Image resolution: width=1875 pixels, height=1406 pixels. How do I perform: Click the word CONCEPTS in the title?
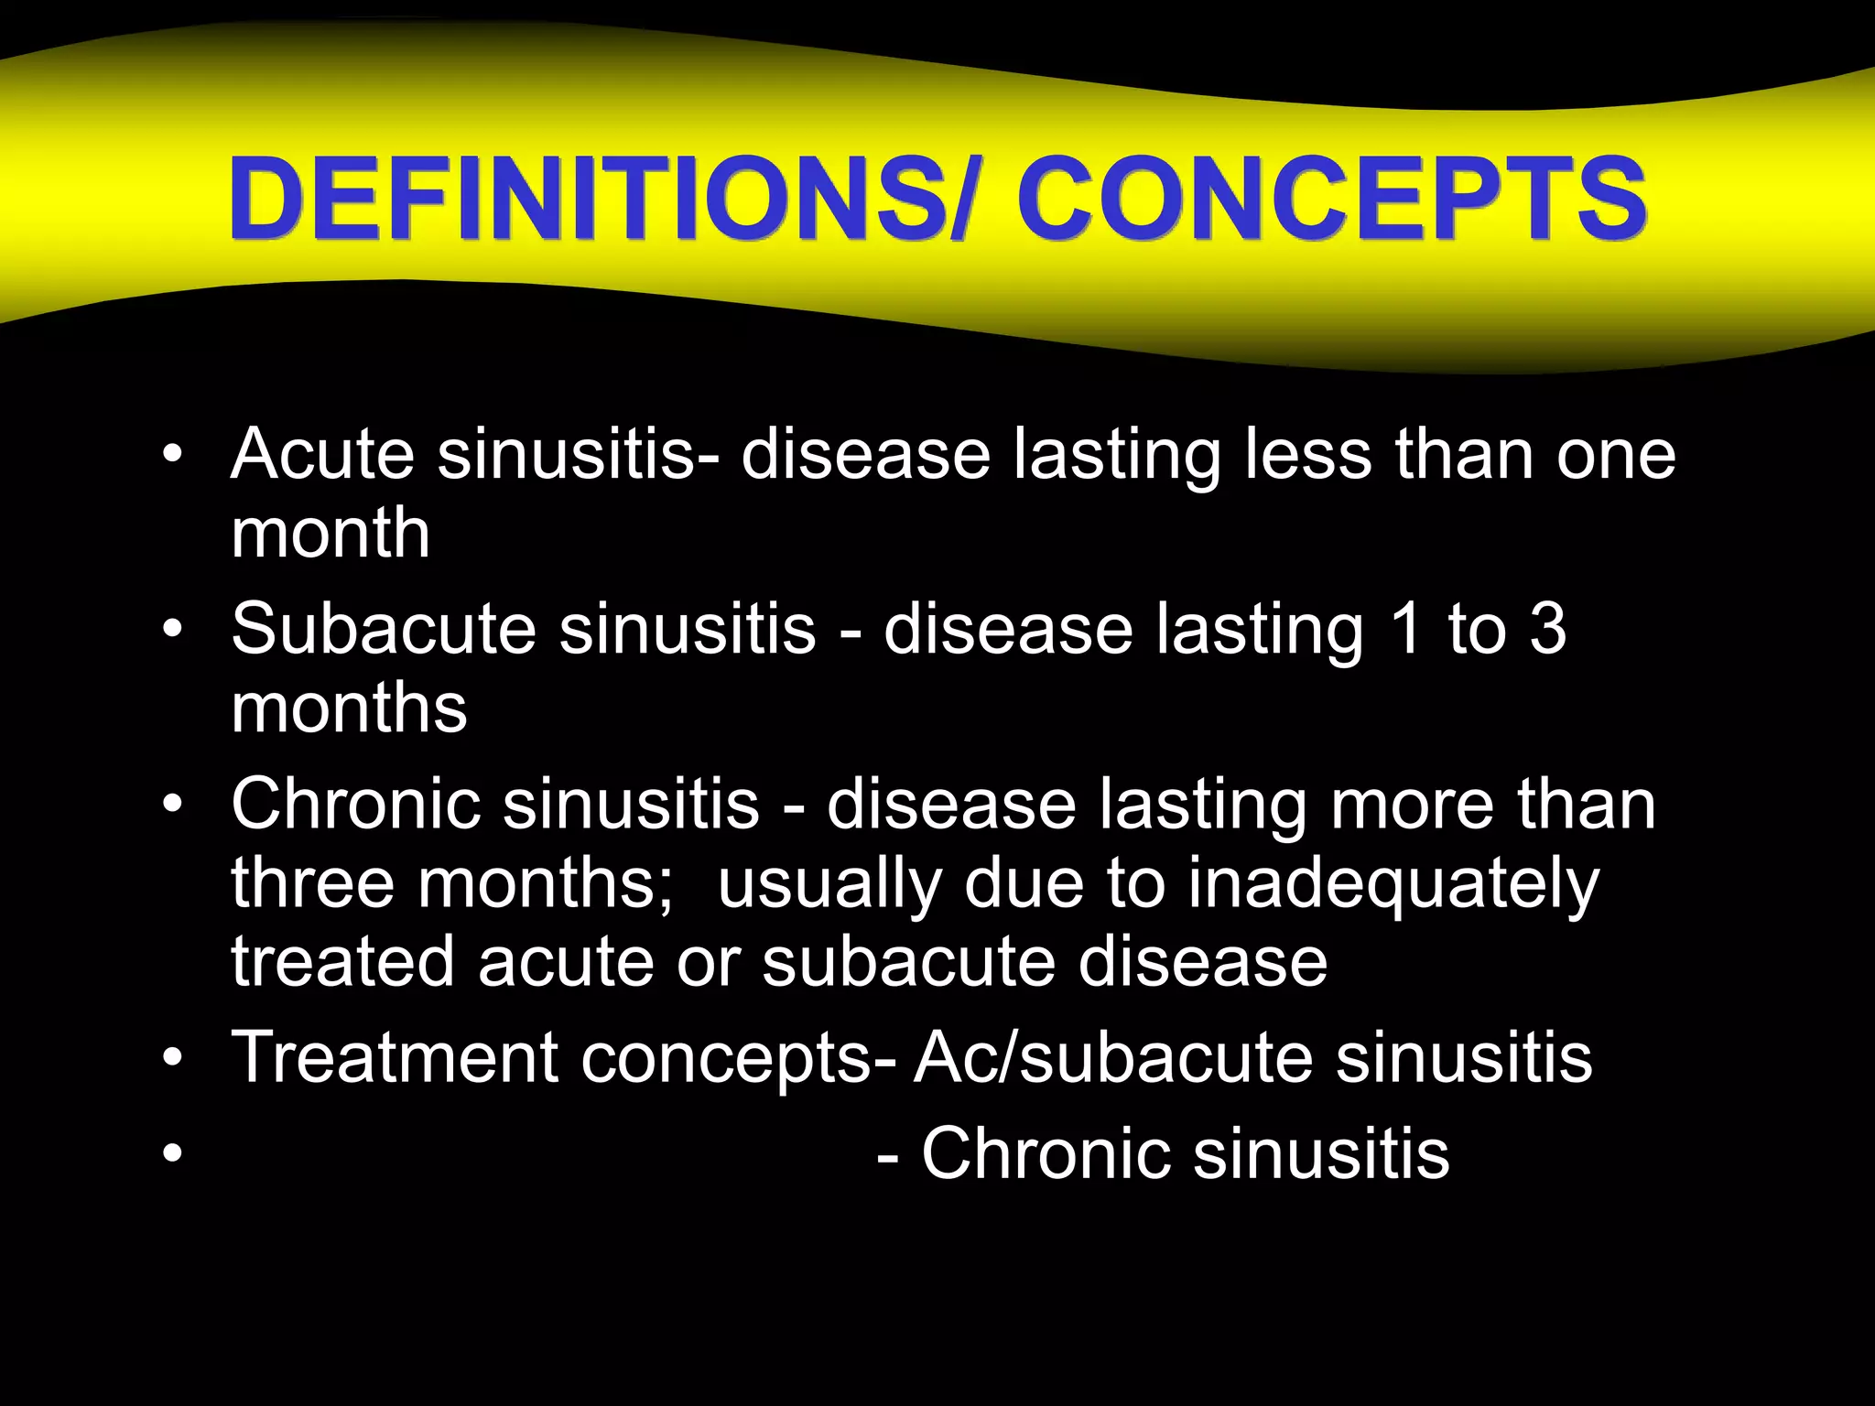click(1332, 199)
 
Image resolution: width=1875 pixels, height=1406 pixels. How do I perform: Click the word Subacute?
click(384, 629)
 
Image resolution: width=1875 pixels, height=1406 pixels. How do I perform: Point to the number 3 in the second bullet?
click(1548, 629)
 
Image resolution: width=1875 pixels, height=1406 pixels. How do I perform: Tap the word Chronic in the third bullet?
click(356, 804)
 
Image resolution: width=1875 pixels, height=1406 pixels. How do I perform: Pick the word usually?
click(829, 883)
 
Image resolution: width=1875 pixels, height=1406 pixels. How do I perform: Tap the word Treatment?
click(395, 1057)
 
